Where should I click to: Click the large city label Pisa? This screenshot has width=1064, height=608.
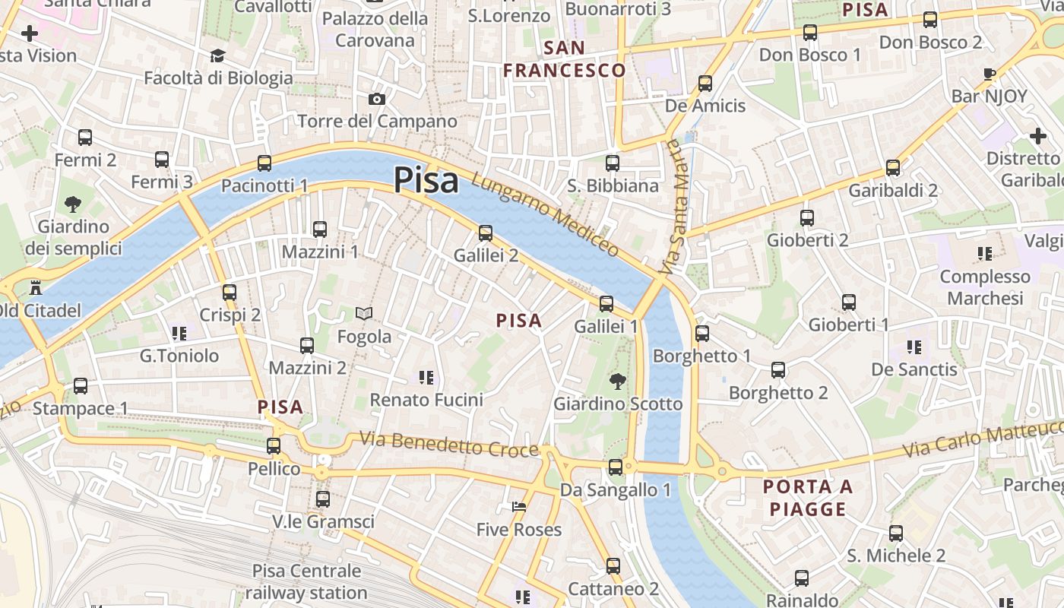pos(426,181)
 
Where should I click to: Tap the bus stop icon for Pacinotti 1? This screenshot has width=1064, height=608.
pos(264,163)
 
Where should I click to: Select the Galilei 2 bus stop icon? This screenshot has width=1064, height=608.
pos(486,233)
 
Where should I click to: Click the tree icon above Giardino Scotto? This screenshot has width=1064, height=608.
pos(618,382)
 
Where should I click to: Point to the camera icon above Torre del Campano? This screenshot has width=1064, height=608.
pos(376,99)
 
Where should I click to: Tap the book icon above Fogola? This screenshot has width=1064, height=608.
pos(365,314)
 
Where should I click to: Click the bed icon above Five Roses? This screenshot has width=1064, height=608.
pos(519,507)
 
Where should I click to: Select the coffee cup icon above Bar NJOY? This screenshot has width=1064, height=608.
pos(989,74)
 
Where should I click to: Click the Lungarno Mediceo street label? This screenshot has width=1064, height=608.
pos(545,215)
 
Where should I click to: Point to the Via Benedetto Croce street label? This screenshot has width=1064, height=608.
pos(449,444)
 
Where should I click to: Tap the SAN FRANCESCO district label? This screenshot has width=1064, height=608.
pos(565,59)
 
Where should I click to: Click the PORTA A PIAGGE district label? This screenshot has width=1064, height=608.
pos(808,498)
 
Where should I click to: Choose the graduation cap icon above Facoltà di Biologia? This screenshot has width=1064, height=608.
pos(218,55)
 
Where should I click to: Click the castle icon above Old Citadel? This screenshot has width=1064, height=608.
pos(35,288)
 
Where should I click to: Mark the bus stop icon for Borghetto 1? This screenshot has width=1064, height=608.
pos(702,334)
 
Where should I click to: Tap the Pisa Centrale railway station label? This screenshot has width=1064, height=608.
pos(306,581)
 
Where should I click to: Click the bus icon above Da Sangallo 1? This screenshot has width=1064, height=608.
pos(616,467)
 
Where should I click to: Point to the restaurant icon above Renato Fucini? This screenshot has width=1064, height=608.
pos(426,377)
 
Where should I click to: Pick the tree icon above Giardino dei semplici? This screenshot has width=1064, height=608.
pos(73,204)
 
